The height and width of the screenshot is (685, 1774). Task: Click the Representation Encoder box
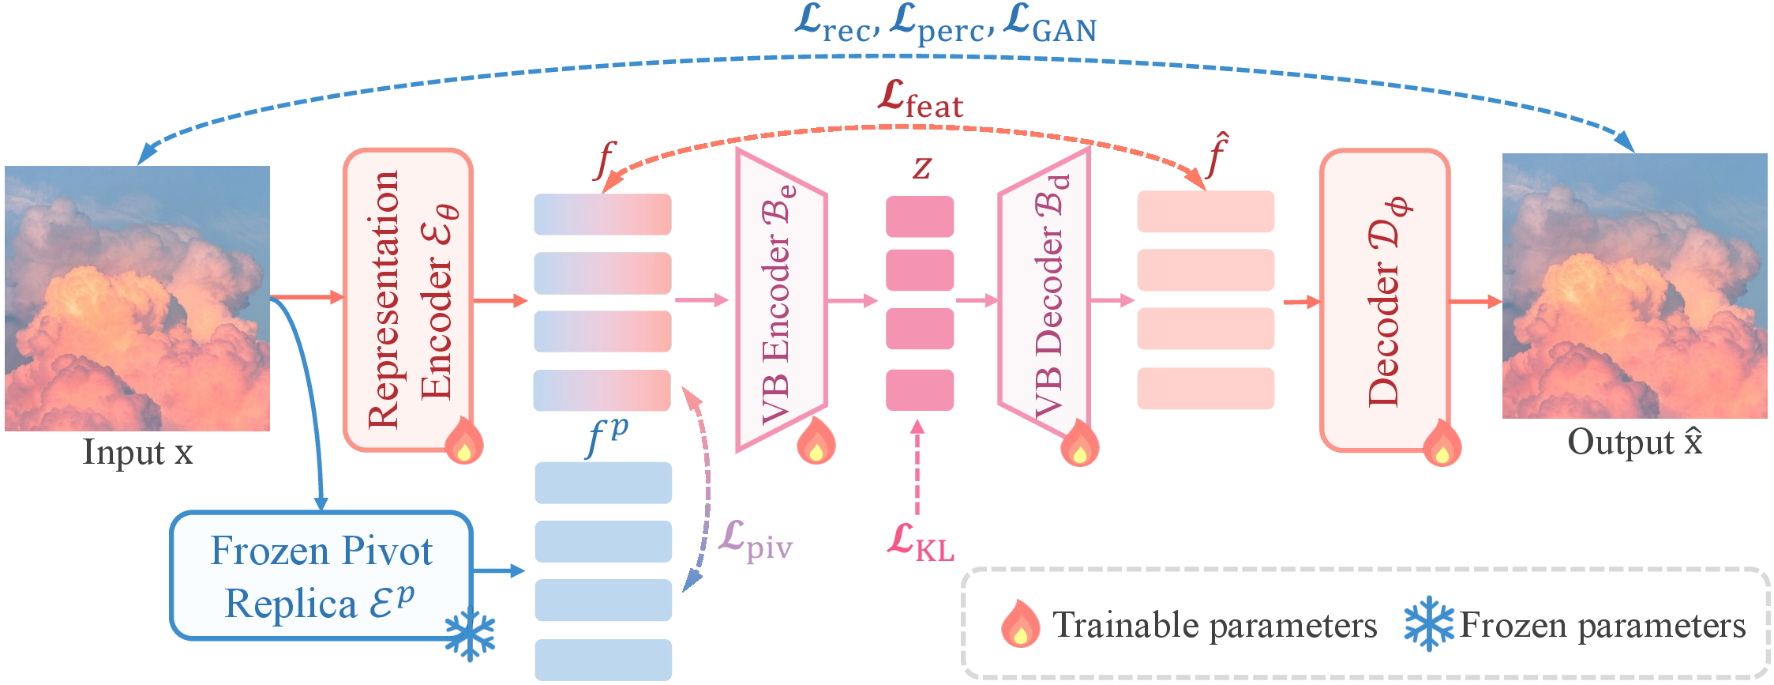[x=408, y=300]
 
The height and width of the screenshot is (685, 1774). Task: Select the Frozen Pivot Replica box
[x=321, y=575]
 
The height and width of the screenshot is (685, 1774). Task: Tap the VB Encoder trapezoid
[x=781, y=300]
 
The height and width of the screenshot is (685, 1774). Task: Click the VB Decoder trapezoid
[x=1045, y=300]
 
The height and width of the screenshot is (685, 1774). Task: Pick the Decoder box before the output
[x=1384, y=300]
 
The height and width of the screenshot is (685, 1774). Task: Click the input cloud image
[x=137, y=299]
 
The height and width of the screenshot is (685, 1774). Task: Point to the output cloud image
[x=1634, y=286]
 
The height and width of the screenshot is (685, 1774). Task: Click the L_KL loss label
[x=920, y=543]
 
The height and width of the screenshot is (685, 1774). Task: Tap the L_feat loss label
[x=921, y=100]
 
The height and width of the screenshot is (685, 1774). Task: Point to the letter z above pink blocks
[x=921, y=167]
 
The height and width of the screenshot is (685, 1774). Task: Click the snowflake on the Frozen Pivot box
[x=470, y=634]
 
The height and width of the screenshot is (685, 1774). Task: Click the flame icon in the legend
[x=1020, y=624]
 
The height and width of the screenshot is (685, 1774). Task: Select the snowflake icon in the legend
[x=1428, y=624]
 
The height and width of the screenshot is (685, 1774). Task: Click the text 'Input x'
[x=138, y=454]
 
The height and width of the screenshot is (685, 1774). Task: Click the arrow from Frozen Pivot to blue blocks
[x=499, y=570]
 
